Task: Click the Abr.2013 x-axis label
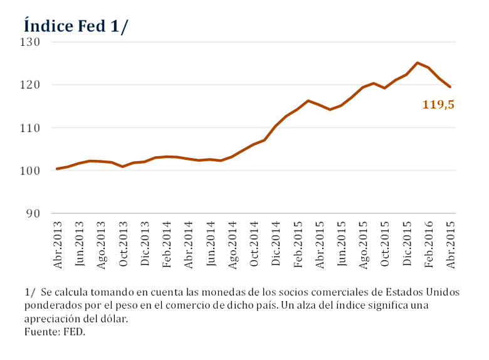[58, 245]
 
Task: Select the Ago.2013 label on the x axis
[102, 245]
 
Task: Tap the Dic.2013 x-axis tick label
[145, 245]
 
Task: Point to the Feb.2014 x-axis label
[167, 245]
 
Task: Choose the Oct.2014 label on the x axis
[254, 245]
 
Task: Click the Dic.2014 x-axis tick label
[276, 245]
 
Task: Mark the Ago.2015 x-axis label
[363, 245]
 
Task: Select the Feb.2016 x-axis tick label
[429, 245]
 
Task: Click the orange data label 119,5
[438, 105]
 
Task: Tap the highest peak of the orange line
[418, 63]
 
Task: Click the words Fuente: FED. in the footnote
[55, 332]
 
